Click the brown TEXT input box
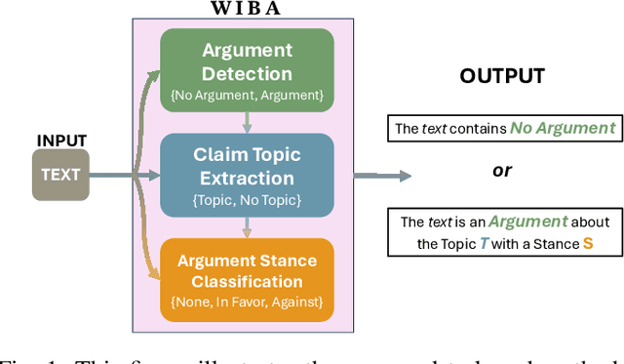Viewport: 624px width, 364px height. [x=60, y=177]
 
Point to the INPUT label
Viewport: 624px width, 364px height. [x=61, y=139]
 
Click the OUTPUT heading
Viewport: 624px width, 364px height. [x=502, y=75]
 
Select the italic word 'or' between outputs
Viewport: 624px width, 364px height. [x=502, y=170]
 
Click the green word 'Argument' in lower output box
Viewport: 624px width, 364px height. [x=528, y=222]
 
